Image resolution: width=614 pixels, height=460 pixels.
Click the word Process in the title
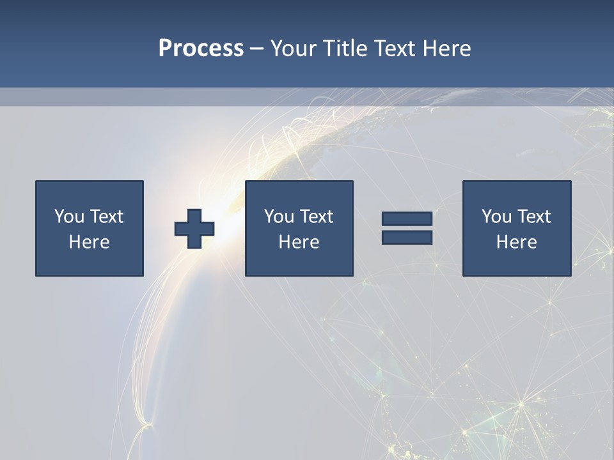coord(201,49)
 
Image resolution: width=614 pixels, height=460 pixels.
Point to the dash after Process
coord(257,49)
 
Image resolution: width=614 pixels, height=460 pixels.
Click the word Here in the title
coord(447,49)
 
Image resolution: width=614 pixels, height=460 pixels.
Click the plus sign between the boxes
coord(194,229)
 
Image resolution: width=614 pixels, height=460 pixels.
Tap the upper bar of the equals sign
coord(407,219)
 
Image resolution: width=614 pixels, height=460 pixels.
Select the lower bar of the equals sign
coord(407,238)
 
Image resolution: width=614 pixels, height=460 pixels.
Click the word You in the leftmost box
coord(69,217)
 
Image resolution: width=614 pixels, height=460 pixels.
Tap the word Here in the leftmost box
coord(89,242)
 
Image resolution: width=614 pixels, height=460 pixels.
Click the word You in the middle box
coord(279,217)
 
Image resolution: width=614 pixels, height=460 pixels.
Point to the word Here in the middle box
coord(299,242)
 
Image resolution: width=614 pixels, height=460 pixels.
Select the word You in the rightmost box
coord(496,217)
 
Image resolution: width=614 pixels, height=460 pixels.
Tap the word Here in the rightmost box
coord(516,242)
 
